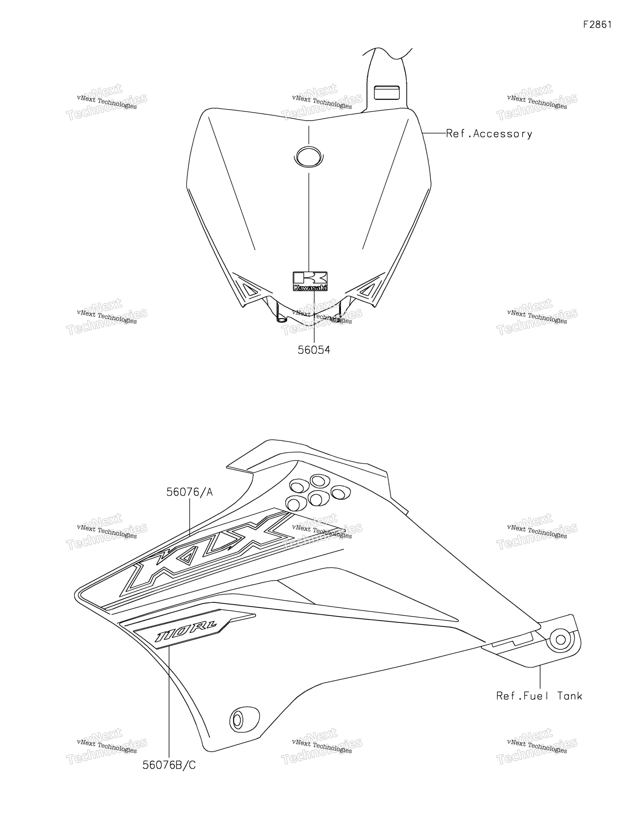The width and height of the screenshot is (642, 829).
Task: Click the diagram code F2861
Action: click(x=597, y=25)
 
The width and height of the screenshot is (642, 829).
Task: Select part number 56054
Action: click(x=314, y=350)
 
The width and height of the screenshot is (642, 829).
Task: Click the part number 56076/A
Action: click(x=190, y=492)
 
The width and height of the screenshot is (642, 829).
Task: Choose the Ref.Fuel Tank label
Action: click(x=539, y=696)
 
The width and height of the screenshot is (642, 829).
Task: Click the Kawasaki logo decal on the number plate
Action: click(x=310, y=281)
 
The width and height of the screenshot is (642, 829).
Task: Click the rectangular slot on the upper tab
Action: click(x=387, y=93)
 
